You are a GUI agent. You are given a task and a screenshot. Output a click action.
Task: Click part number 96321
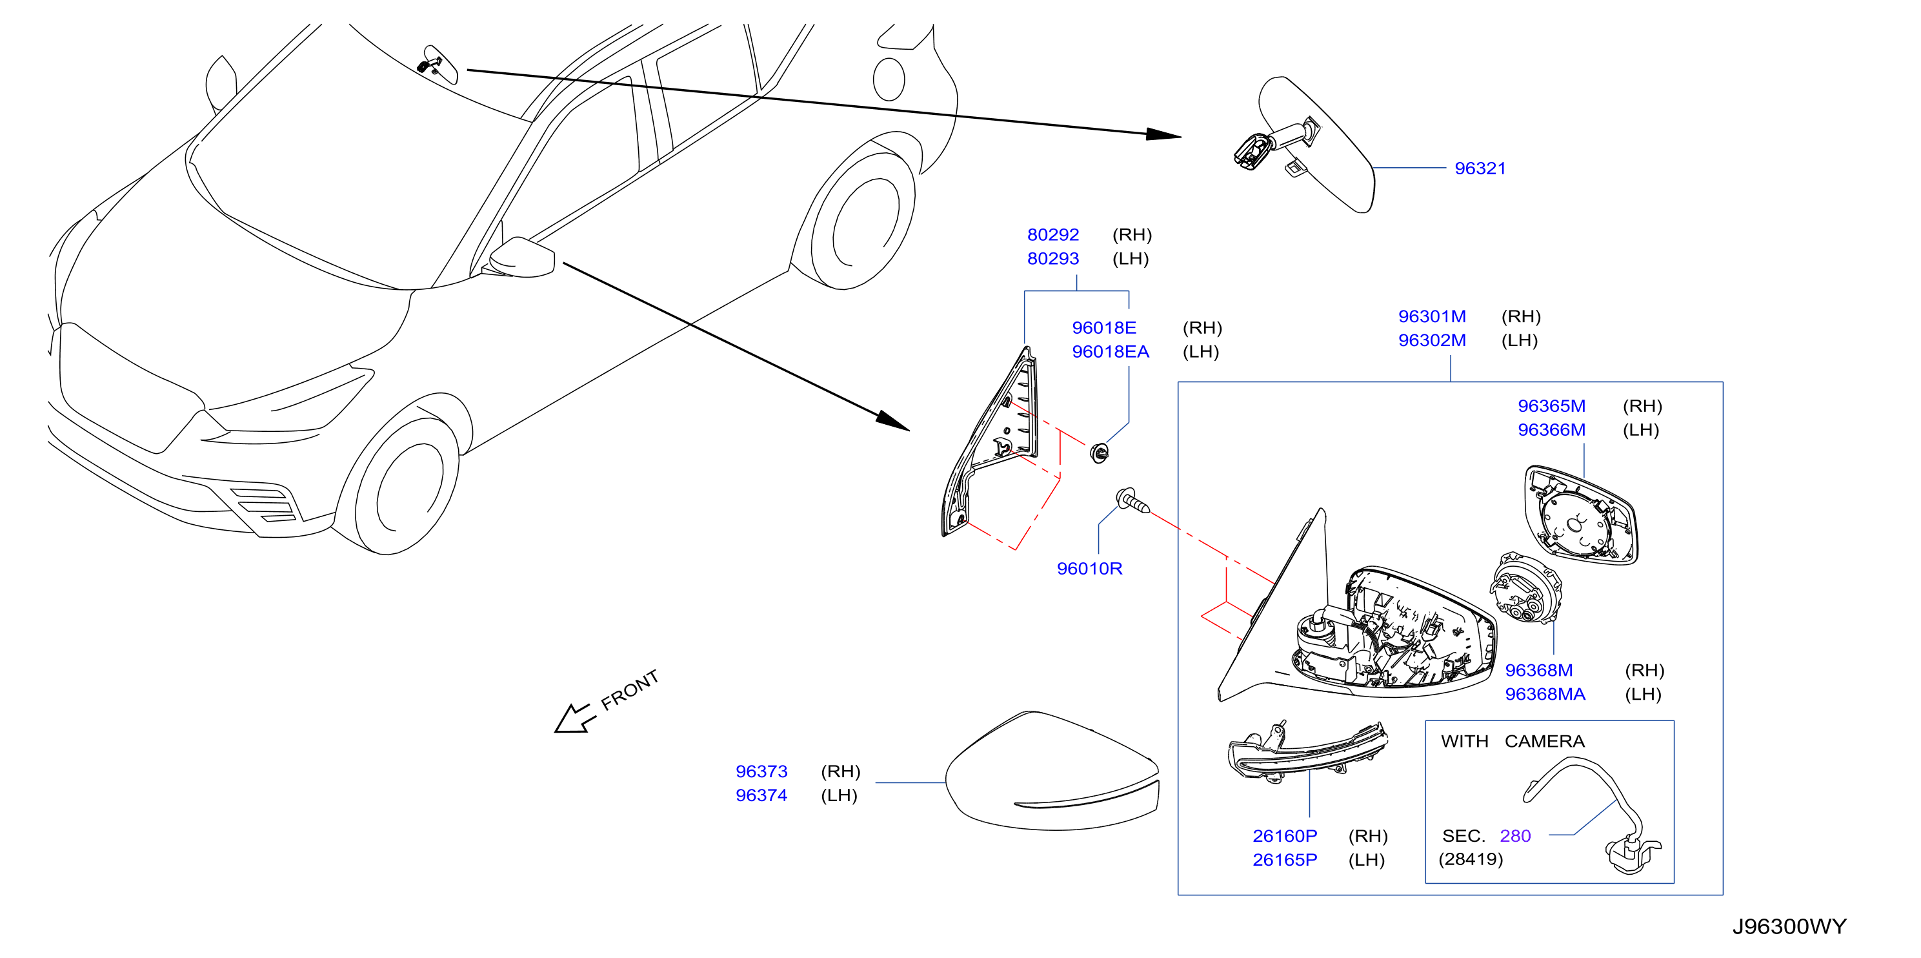tap(1480, 168)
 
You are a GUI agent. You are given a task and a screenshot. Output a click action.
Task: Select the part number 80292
tap(1053, 235)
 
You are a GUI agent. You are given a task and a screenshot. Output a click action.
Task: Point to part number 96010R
tap(1089, 569)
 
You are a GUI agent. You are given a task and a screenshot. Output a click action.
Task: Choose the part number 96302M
tap(1432, 340)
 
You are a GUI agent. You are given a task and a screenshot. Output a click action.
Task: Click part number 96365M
tap(1552, 406)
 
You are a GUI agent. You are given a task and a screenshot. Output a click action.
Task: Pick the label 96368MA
tap(1545, 694)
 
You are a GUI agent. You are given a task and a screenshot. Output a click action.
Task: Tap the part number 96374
tap(761, 795)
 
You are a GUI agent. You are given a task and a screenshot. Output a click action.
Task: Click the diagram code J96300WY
tap(1789, 926)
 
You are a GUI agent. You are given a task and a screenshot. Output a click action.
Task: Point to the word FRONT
tap(630, 690)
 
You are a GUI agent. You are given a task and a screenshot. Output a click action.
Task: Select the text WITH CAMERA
tap(1513, 741)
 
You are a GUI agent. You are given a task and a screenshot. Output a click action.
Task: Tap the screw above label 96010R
tap(1132, 502)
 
